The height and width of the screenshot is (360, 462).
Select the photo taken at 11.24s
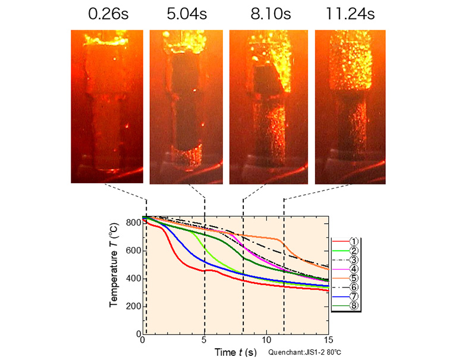click(350, 107)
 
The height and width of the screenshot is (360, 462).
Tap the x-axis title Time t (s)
click(235, 352)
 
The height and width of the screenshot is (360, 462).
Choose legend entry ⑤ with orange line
click(347, 278)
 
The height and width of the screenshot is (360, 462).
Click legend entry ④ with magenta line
click(347, 269)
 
